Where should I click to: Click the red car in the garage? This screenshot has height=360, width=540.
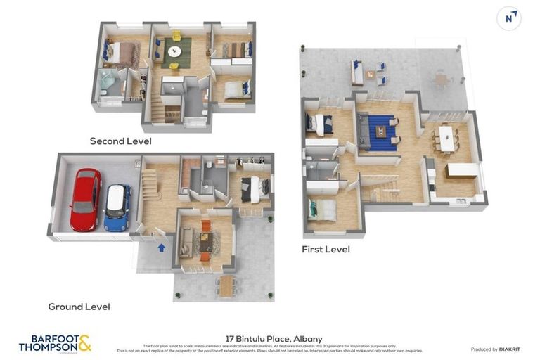pyautogui.click(x=85, y=200)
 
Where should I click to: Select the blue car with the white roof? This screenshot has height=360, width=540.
pyautogui.click(x=117, y=207)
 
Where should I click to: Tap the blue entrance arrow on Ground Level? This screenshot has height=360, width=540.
pyautogui.click(x=162, y=247)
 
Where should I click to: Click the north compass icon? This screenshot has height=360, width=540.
pyautogui.click(x=509, y=18)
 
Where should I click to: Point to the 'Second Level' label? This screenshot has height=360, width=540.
pyautogui.click(x=120, y=141)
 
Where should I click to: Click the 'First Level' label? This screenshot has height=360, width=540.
pyautogui.click(x=326, y=250)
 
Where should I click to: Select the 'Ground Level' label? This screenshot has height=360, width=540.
pyautogui.click(x=79, y=307)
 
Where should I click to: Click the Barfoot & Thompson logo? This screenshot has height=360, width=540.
pyautogui.click(x=55, y=344)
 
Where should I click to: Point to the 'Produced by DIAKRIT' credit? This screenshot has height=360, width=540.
pyautogui.click(x=494, y=349)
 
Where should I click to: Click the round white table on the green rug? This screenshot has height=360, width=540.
pyautogui.click(x=174, y=51)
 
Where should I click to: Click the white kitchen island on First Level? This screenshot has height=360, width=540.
pyautogui.click(x=462, y=169)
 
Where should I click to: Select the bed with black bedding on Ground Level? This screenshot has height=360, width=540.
pyautogui.click(x=251, y=188)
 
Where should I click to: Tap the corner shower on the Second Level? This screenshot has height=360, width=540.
pyautogui.click(x=105, y=82)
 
